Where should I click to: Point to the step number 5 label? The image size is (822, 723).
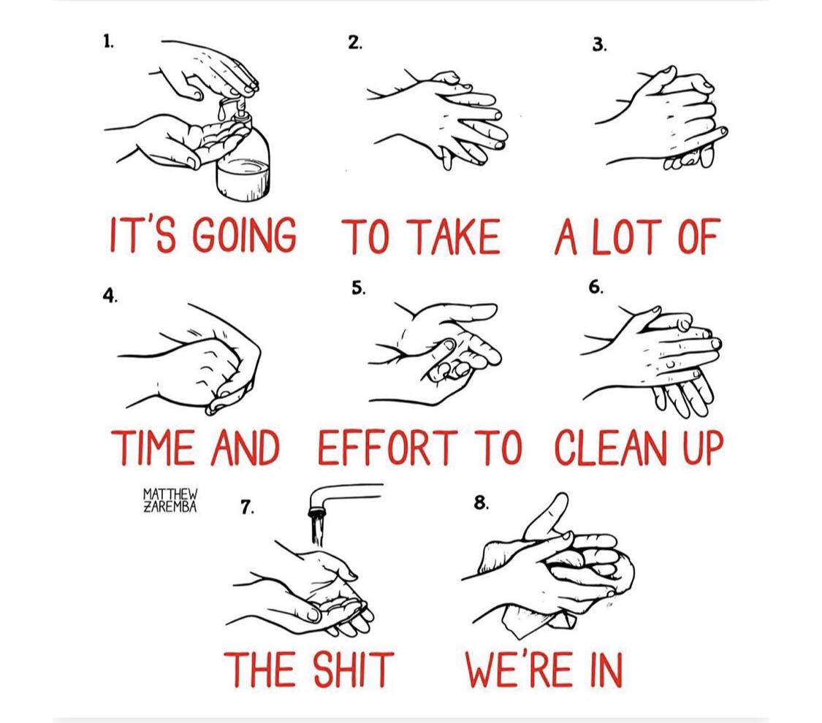pos(358,288)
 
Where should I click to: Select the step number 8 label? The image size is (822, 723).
pos(482,503)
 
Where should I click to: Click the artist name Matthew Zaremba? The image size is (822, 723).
pos(170,500)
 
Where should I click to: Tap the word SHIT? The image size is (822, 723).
pos(352,669)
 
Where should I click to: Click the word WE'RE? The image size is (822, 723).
pos(519,669)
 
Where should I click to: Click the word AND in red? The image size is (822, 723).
pos(244,448)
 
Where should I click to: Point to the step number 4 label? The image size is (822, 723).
pos(110,296)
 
